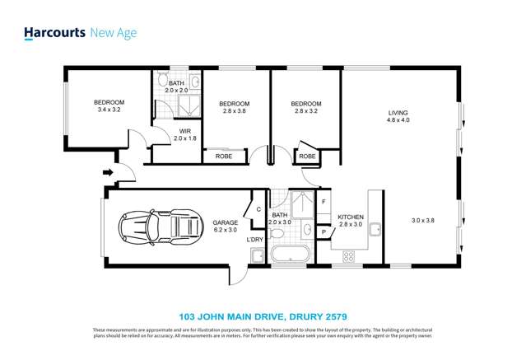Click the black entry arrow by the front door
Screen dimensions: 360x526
(x=106, y=173)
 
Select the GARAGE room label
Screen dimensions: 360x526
(x=225, y=222)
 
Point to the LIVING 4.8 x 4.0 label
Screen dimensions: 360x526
(x=398, y=116)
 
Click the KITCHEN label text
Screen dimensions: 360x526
(x=352, y=218)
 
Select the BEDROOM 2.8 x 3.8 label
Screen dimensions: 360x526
(x=234, y=107)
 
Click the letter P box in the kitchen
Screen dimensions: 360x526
(x=324, y=232)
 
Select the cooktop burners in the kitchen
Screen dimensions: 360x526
(x=348, y=256)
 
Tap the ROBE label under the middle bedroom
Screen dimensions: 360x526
(x=223, y=156)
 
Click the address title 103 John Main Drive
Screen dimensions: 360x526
(x=263, y=315)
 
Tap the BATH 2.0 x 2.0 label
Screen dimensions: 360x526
(x=176, y=87)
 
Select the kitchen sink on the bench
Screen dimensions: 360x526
(x=374, y=228)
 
